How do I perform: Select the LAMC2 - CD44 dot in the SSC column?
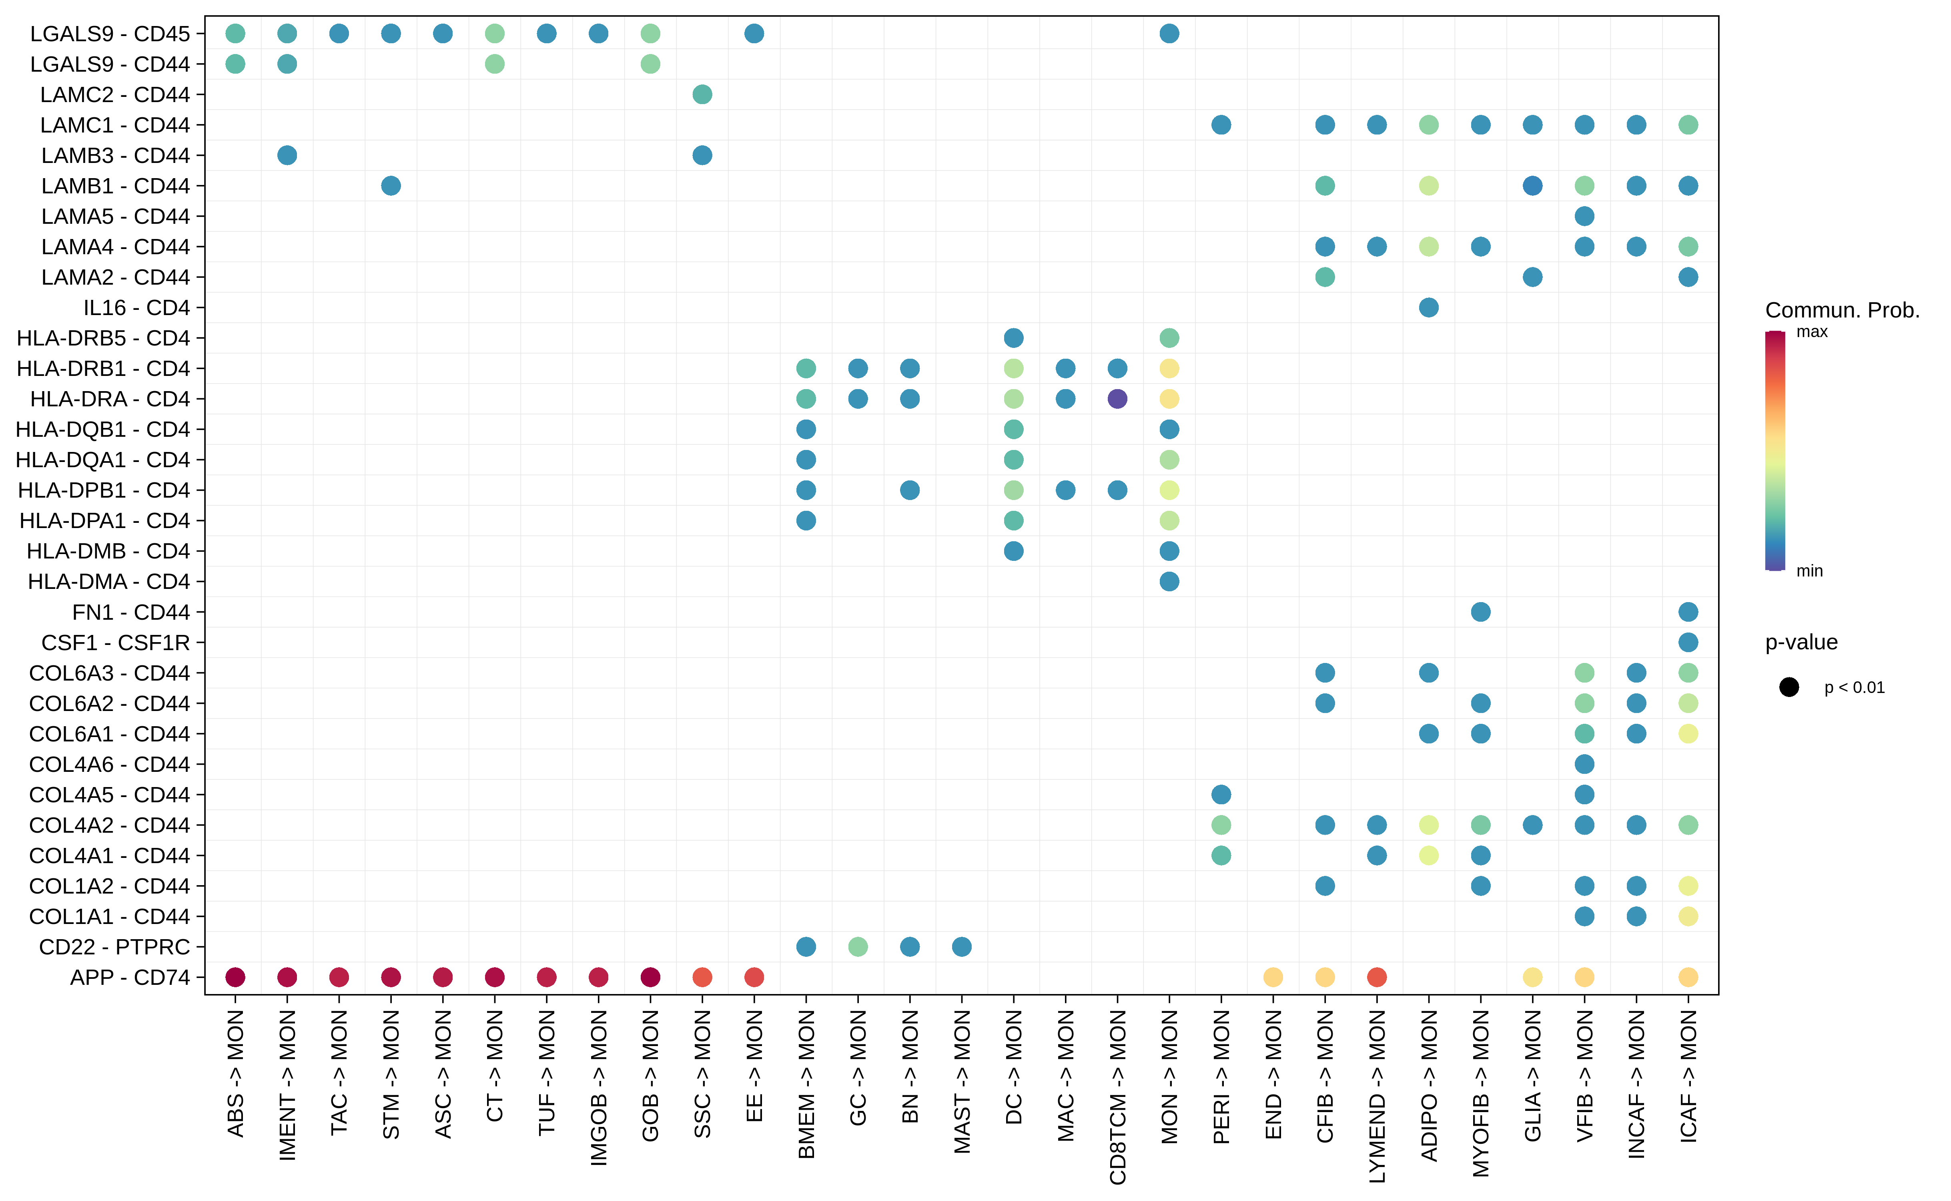point(702,94)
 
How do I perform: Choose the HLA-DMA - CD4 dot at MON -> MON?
point(1169,581)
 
